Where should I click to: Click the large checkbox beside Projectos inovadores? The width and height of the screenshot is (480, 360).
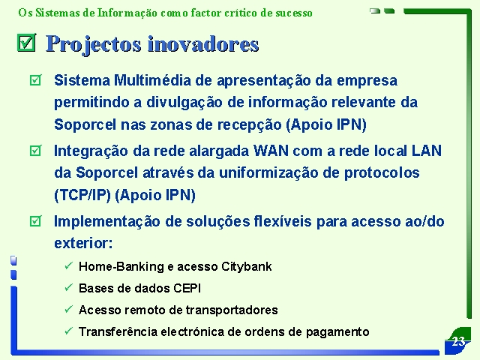click(x=27, y=43)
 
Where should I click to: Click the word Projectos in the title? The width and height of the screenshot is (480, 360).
click(x=94, y=44)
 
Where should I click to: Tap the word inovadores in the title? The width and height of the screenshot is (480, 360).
click(x=203, y=44)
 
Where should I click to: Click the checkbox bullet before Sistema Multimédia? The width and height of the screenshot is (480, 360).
click(x=35, y=80)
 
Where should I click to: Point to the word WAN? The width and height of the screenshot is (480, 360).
click(x=271, y=151)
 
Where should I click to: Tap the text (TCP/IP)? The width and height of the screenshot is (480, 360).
click(x=82, y=195)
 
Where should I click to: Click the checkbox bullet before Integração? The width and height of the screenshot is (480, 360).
click(x=35, y=151)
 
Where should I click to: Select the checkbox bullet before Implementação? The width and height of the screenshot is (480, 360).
click(x=35, y=221)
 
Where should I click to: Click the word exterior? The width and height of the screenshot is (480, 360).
click(x=83, y=243)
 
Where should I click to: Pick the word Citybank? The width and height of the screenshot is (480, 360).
click(x=247, y=267)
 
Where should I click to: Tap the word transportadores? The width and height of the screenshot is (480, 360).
click(x=232, y=310)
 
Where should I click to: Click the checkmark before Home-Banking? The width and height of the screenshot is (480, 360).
click(x=68, y=265)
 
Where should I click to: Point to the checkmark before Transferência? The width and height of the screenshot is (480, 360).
click(x=68, y=331)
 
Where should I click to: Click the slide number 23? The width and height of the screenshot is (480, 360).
click(x=458, y=341)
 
